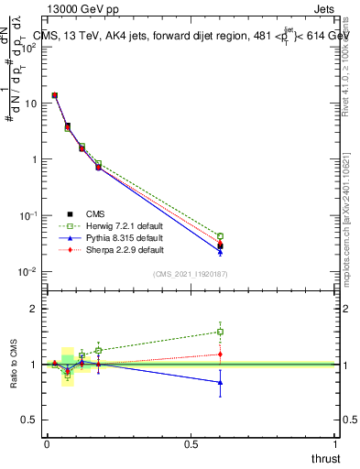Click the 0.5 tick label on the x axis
(x=191, y=444)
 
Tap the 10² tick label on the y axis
(x=30, y=47)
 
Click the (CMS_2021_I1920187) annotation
(x=190, y=274)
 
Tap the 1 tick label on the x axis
(x=336, y=444)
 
